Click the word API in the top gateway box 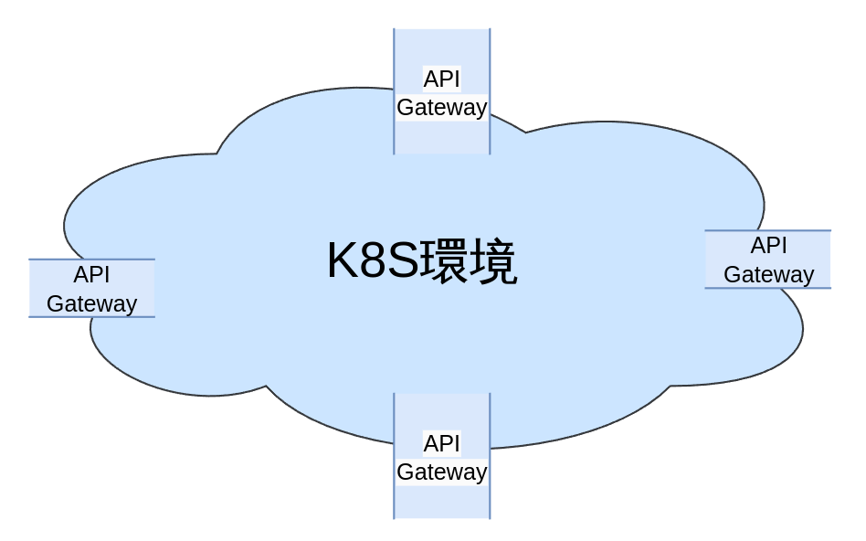pos(442,80)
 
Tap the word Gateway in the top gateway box pos(442,108)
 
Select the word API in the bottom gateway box pos(442,444)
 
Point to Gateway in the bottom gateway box pos(442,472)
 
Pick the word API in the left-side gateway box pos(92,274)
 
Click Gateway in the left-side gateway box pos(92,303)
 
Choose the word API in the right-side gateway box pos(768,245)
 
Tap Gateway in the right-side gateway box pos(768,274)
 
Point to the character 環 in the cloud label pos(445,262)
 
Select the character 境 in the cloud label pos(494,262)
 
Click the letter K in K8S pos(343,262)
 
